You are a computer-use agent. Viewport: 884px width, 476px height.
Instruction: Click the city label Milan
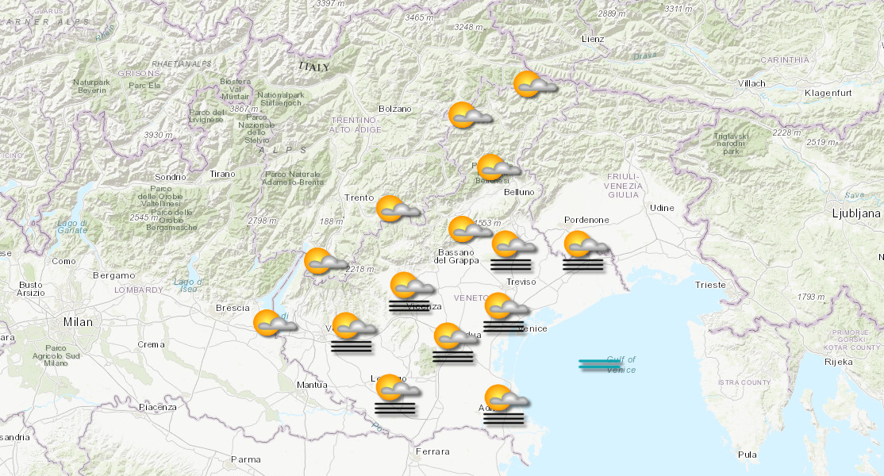(x=78, y=322)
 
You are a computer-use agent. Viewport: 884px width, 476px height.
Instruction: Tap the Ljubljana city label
(x=856, y=213)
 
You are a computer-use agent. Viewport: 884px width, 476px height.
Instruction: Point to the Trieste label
(x=709, y=285)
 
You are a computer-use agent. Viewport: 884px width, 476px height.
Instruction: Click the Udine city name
(x=662, y=208)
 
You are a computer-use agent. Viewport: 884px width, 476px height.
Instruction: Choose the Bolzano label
(x=395, y=109)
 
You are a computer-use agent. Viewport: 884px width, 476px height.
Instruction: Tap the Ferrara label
(x=432, y=451)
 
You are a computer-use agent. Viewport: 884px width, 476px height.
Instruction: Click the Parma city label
(x=245, y=459)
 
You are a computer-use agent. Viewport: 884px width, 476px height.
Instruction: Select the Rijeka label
(x=839, y=362)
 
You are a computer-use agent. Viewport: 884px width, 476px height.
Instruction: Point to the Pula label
(x=747, y=455)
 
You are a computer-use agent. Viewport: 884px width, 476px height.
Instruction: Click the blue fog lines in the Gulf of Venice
(x=600, y=364)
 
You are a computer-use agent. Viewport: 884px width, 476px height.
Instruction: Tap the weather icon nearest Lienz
(x=533, y=84)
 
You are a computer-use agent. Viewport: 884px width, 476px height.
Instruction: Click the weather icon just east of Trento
(x=396, y=209)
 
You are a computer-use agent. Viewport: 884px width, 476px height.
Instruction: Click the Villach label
(x=751, y=83)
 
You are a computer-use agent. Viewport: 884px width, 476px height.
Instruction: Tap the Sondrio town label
(x=171, y=177)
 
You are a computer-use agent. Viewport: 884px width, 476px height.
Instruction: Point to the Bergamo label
(x=113, y=275)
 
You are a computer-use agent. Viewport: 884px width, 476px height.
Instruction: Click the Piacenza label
(x=157, y=407)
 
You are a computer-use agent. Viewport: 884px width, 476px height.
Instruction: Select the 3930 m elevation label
(x=158, y=136)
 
